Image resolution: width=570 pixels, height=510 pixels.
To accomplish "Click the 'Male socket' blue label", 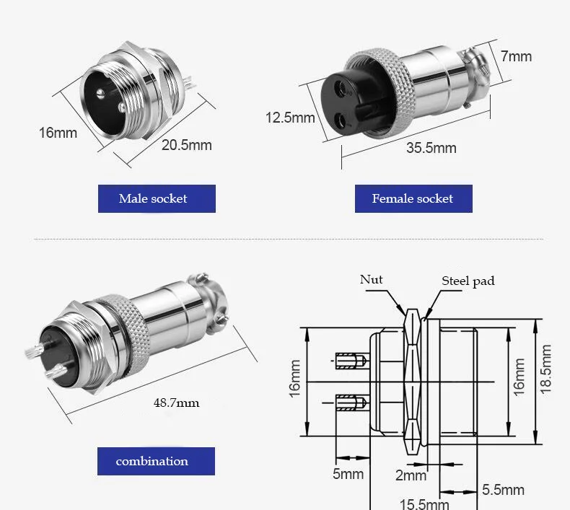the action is [x=157, y=198].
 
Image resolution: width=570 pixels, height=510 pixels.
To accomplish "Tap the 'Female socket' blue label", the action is [x=413, y=198].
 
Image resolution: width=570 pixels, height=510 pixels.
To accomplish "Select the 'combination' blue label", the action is [x=156, y=461].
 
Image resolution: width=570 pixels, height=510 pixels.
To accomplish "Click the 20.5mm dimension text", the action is [x=186, y=145].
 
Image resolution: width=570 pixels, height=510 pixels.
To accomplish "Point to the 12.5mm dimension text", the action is [x=290, y=118].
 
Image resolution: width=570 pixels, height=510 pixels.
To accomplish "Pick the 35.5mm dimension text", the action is [x=431, y=148].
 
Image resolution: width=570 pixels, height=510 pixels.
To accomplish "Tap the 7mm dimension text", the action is [x=516, y=56].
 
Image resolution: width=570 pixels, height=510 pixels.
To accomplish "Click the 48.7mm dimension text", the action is [x=176, y=403].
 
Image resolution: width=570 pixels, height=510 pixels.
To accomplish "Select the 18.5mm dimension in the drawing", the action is [x=545, y=369].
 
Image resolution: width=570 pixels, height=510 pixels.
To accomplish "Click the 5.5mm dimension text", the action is [x=503, y=490].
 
